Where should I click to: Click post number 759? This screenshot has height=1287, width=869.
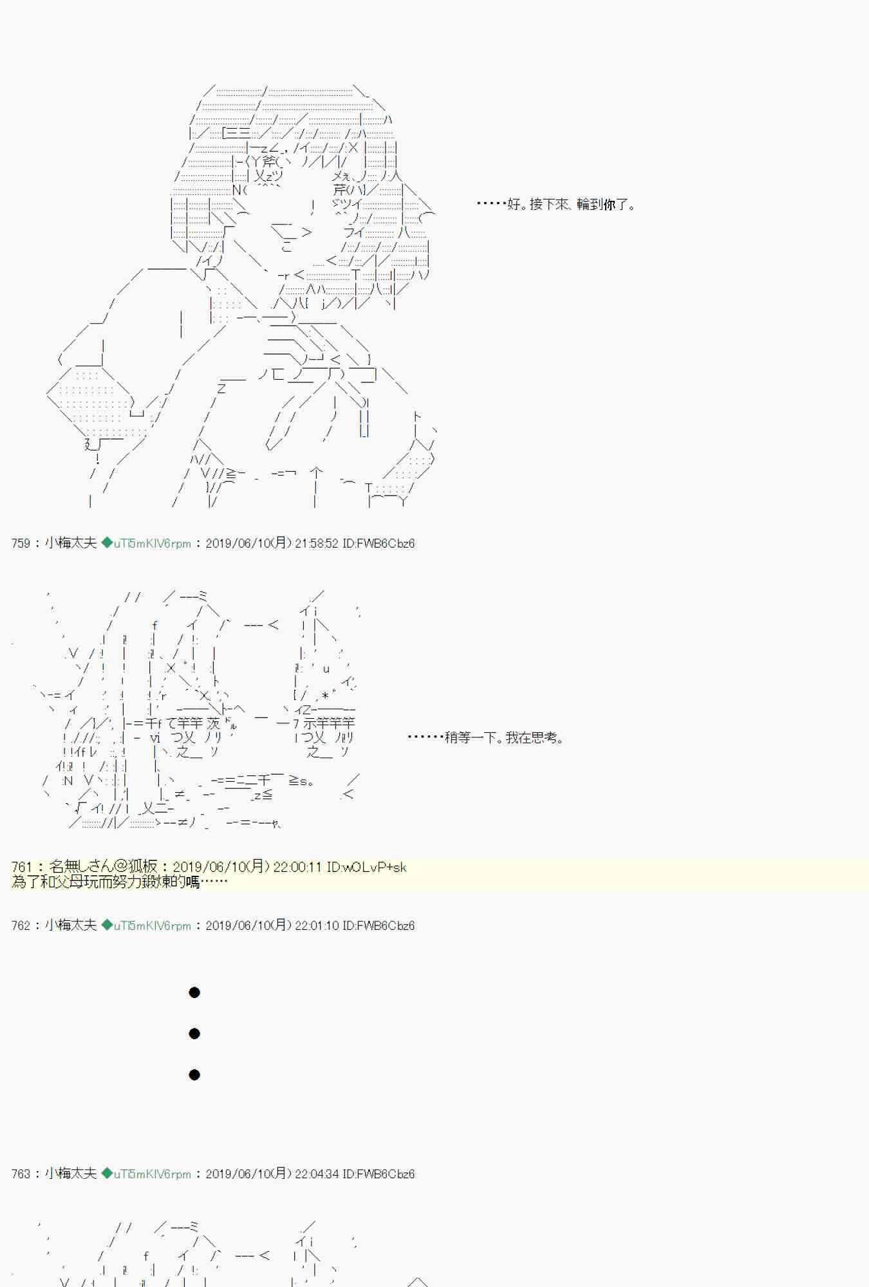(x=21, y=543)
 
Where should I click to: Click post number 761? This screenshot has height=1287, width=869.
(x=21, y=867)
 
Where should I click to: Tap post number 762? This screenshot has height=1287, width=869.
(x=21, y=925)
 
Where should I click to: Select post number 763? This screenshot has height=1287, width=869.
(x=21, y=1174)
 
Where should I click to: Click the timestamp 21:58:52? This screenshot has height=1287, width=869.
(x=316, y=543)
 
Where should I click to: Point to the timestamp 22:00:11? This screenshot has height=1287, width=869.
(x=297, y=867)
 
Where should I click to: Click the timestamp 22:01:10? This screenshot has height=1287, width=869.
(x=316, y=925)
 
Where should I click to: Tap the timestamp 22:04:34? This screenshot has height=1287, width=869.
(x=316, y=1174)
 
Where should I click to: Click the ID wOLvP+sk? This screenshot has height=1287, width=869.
(x=366, y=867)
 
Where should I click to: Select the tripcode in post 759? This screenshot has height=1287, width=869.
(x=152, y=543)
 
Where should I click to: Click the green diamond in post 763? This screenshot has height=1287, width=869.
(x=107, y=1174)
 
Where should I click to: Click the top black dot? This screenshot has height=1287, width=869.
(x=194, y=992)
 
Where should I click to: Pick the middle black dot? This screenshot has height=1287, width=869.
(x=194, y=1033)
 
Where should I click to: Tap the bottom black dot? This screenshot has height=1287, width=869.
(x=194, y=1075)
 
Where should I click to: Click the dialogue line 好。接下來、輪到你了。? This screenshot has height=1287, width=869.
(x=556, y=205)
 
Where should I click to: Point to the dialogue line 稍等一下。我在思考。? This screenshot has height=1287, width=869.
(x=487, y=737)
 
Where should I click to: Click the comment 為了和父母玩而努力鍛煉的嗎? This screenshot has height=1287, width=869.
(x=120, y=882)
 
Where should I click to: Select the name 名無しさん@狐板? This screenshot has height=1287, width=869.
(x=103, y=867)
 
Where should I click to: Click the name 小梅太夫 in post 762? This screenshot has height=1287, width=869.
(x=71, y=925)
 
